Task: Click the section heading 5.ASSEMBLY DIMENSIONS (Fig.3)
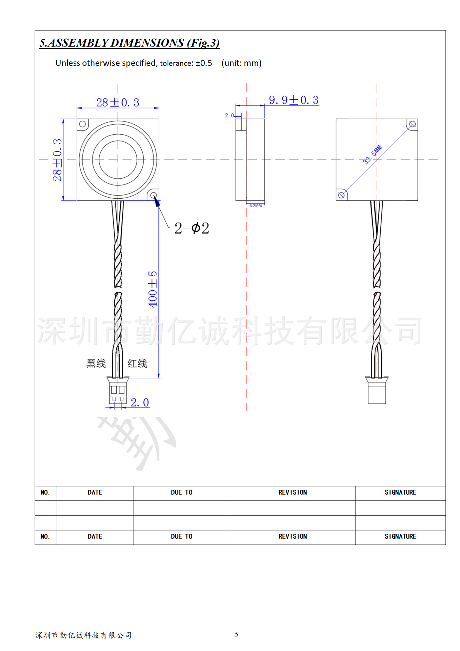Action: click(x=129, y=43)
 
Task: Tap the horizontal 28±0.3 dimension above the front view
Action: click(x=118, y=102)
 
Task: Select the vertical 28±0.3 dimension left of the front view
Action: click(x=57, y=160)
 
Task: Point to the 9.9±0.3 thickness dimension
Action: click(x=294, y=100)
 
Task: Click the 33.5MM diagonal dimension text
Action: click(x=372, y=155)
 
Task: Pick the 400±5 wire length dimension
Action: click(x=153, y=289)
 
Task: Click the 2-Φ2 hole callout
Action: click(x=192, y=228)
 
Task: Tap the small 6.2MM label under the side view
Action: click(x=256, y=206)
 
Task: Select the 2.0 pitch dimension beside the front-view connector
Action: click(x=140, y=402)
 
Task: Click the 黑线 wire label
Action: click(x=96, y=363)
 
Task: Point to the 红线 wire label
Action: click(x=137, y=363)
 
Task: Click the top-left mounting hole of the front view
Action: click(x=82, y=124)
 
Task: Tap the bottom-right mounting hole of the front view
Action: click(x=154, y=195)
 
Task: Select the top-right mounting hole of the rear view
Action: click(x=412, y=124)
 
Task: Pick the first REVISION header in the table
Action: click(x=293, y=493)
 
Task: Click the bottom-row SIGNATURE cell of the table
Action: click(x=400, y=536)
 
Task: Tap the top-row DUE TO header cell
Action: click(x=181, y=493)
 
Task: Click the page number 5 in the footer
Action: click(x=237, y=634)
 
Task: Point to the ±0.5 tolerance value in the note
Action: click(x=204, y=63)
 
